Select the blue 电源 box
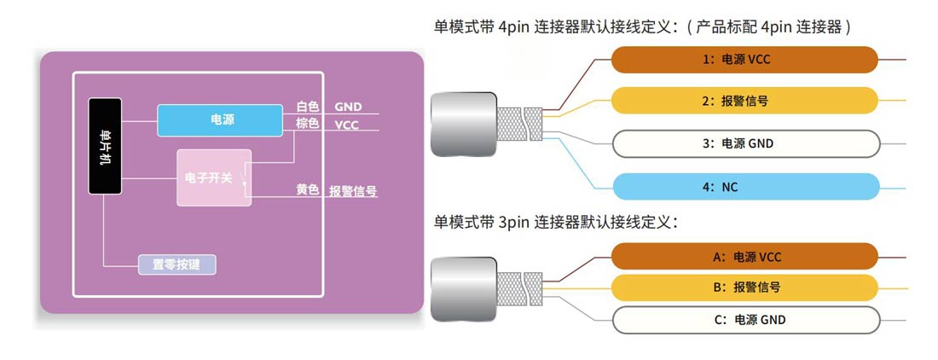(x=220, y=120)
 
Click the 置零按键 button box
(x=177, y=264)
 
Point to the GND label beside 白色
(x=349, y=107)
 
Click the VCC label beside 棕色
(x=347, y=125)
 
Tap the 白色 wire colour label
(x=308, y=107)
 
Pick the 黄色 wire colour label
(x=308, y=190)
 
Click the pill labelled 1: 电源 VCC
(x=745, y=60)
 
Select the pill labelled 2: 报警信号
(x=745, y=101)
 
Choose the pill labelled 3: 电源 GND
(x=745, y=143)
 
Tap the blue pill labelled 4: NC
(x=745, y=185)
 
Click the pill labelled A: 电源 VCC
(x=745, y=256)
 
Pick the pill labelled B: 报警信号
(x=745, y=287)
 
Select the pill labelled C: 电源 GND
(x=745, y=320)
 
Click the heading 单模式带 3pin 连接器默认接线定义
(x=555, y=223)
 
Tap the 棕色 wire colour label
(x=308, y=125)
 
